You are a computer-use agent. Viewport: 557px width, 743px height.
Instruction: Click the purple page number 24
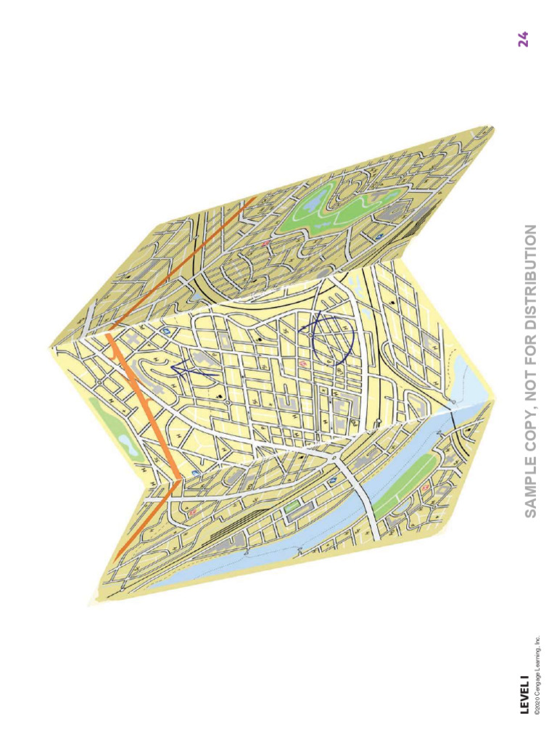click(x=523, y=39)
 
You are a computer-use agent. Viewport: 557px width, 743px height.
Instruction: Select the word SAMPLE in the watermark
click(x=530, y=483)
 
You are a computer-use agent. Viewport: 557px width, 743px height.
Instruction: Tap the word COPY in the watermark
click(x=530, y=425)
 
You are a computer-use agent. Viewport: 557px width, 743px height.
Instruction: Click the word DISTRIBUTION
click(x=530, y=273)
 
